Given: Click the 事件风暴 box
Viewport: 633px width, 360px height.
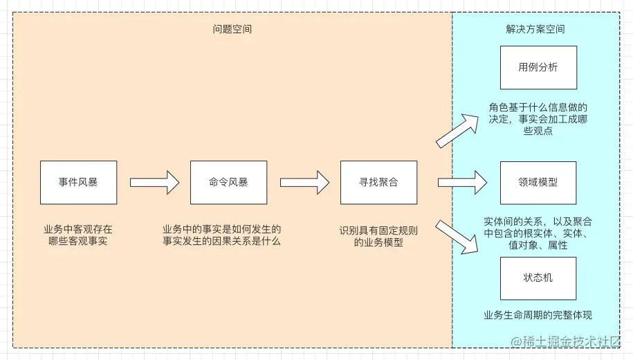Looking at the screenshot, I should (x=78, y=183).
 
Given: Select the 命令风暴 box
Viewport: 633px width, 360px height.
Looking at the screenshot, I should (x=228, y=183).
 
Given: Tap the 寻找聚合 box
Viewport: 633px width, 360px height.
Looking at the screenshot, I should (x=378, y=183).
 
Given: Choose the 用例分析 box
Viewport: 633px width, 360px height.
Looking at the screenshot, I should (x=538, y=67).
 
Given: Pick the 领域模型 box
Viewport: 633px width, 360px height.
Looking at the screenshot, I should (x=538, y=183).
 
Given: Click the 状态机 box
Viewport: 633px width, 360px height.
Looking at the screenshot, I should (x=538, y=278).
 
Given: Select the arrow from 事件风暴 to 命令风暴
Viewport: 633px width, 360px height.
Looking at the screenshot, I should (x=154, y=183).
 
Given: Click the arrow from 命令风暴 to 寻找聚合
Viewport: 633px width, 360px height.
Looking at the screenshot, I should (x=304, y=183).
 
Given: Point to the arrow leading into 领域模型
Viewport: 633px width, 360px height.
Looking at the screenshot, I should (x=462, y=183).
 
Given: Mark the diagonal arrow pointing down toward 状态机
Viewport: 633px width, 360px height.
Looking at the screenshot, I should (x=458, y=235).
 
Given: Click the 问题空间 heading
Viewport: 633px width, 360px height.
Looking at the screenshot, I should (x=232, y=30).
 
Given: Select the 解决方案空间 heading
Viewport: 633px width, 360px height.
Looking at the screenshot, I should (x=535, y=30).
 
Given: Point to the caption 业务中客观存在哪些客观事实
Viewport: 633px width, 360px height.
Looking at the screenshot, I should (x=78, y=235).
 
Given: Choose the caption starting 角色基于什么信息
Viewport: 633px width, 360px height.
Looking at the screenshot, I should (x=538, y=119).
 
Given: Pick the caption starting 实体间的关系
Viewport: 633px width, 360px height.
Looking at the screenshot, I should (x=538, y=233).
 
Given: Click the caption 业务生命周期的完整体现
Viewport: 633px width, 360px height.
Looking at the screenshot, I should (x=538, y=316).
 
